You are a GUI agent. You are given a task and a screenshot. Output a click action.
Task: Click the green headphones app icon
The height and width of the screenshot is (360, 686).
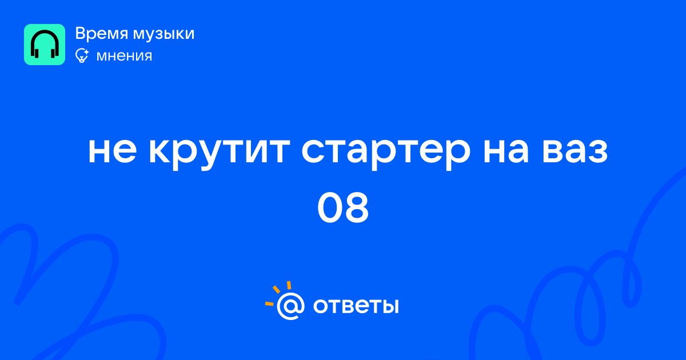click(45, 45)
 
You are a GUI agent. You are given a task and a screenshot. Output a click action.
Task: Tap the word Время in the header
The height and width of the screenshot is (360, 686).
click(101, 34)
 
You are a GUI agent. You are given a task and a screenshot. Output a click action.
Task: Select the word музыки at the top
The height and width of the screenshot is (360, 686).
click(163, 34)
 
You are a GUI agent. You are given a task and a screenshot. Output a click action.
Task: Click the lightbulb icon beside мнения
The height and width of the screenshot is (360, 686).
click(82, 55)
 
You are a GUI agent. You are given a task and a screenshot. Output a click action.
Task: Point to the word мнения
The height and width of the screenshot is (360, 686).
click(124, 56)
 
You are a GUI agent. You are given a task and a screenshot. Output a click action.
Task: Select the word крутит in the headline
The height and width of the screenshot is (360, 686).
click(220, 154)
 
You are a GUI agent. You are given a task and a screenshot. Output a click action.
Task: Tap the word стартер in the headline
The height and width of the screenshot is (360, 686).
click(385, 154)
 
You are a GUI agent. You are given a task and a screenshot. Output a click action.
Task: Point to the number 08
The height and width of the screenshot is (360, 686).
click(342, 207)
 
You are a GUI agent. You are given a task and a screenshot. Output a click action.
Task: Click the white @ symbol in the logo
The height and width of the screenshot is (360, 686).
click(290, 306)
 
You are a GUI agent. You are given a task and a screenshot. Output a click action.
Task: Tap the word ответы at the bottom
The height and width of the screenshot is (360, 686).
click(356, 306)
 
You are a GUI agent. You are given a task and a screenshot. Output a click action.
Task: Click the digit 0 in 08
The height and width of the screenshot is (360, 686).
click(329, 207)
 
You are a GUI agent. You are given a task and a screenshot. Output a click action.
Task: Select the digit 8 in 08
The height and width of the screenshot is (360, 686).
click(356, 207)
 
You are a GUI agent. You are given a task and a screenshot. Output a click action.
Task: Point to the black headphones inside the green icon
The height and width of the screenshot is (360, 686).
click(45, 44)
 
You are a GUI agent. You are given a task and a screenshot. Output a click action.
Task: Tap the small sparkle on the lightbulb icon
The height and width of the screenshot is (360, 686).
click(86, 52)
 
